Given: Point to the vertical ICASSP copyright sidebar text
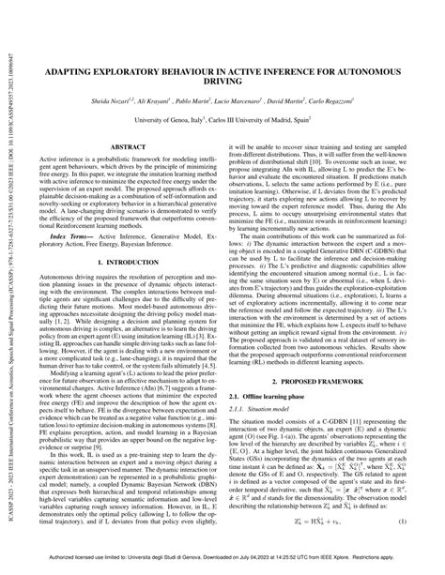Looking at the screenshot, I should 11,281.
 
